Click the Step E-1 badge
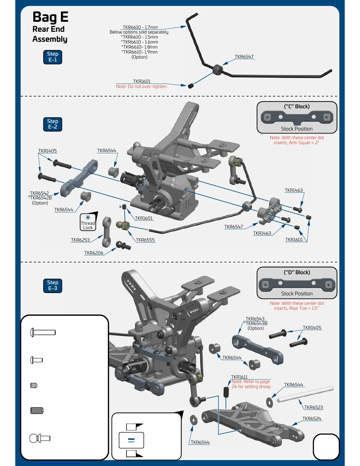(x=53, y=57)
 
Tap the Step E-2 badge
(x=53, y=124)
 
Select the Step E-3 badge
(x=53, y=285)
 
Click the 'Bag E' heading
(x=50, y=17)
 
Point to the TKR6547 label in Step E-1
(x=244, y=57)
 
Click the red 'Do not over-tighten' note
(x=141, y=86)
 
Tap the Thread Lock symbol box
(x=88, y=222)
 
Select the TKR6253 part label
(x=80, y=240)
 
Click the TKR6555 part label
(x=145, y=240)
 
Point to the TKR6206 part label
(x=94, y=253)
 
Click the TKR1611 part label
(x=239, y=377)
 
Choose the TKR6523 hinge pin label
(x=314, y=407)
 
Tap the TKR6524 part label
(x=312, y=419)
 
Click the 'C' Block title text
(x=297, y=106)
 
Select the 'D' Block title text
(x=297, y=272)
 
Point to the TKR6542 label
(x=39, y=193)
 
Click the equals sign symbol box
(x=131, y=440)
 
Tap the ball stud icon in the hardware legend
(x=40, y=438)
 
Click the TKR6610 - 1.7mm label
(x=140, y=27)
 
